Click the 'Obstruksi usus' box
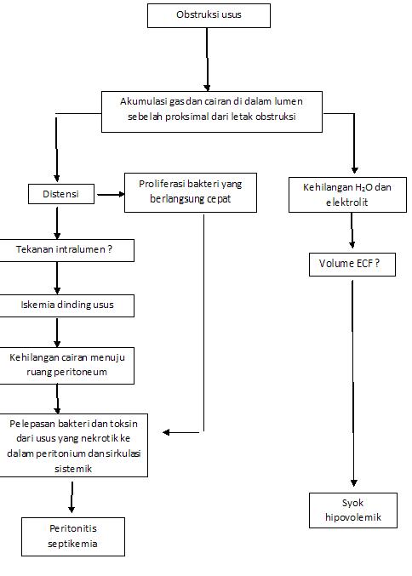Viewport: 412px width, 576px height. [209, 15]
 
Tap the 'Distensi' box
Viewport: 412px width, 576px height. [60, 194]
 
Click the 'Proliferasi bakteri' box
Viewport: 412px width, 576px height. [190, 192]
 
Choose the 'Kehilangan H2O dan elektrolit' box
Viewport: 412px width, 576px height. [346, 195]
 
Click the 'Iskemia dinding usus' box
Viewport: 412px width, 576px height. [66, 305]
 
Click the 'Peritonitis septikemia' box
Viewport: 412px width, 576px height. [72, 536]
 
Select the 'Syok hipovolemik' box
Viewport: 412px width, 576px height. [352, 510]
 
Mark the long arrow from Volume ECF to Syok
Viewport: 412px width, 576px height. [352, 383]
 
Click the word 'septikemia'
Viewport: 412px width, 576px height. [72, 544]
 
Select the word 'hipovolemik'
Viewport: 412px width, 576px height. [352, 517]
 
